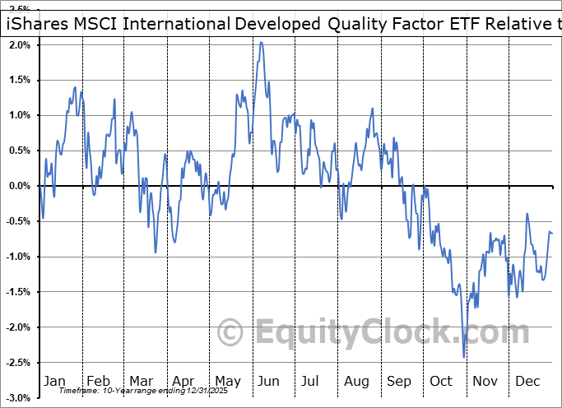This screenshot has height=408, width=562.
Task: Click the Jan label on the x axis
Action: click(53, 381)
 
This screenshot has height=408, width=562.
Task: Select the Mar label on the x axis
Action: click(142, 381)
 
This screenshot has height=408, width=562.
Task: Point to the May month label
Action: click(228, 381)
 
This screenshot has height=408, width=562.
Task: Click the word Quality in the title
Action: click(356, 23)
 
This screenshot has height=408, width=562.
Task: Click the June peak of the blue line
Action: click(261, 43)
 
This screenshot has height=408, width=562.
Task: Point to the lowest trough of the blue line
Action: click(464, 357)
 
